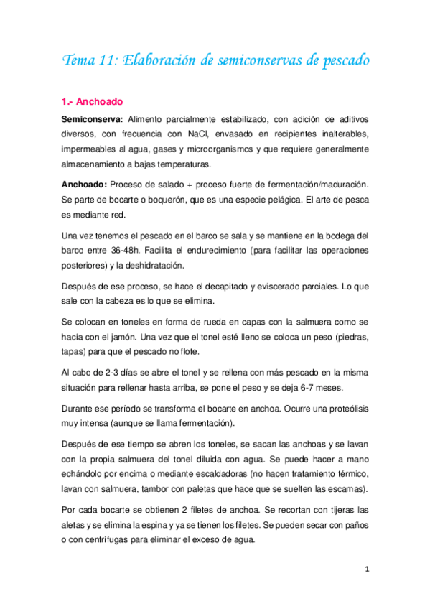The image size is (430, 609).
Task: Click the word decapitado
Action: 202,286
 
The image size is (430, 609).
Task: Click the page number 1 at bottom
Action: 366,569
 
